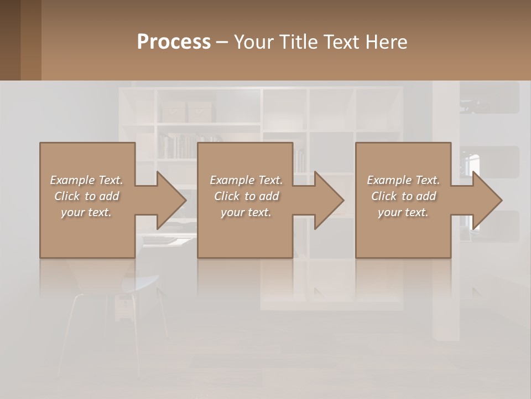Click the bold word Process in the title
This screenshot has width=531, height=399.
174,42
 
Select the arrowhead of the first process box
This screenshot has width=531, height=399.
169,200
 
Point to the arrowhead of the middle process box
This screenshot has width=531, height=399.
327,200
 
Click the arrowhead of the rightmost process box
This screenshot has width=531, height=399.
486,200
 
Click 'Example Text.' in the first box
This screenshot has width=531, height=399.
86,180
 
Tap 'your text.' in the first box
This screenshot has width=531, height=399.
86,212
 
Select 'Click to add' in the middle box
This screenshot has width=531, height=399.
246,196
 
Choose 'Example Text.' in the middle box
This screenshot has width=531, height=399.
246,180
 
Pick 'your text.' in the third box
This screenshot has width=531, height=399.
403,212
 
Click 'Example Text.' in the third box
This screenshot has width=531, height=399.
403,180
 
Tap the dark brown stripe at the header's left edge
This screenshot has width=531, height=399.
10,40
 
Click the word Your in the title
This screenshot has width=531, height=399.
253,42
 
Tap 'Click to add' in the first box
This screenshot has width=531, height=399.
86,196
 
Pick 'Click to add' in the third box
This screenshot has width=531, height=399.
403,196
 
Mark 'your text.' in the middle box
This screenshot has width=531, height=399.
246,212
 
